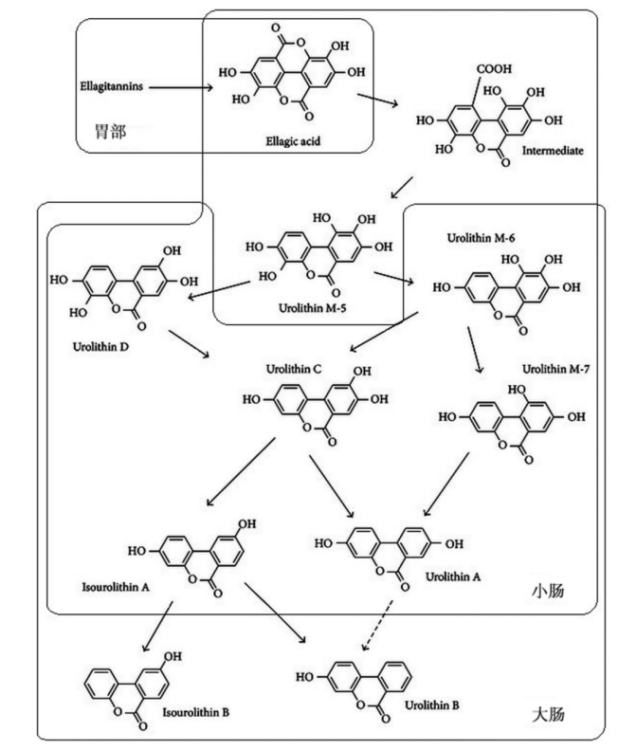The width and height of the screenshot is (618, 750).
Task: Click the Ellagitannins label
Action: [111, 87]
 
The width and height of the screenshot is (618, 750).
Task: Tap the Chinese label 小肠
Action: [547, 591]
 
